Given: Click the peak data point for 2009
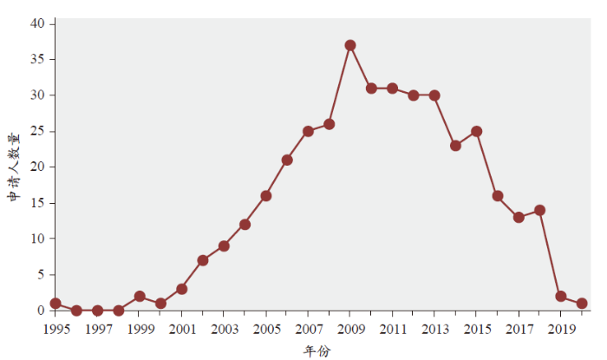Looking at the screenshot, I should coord(350,45).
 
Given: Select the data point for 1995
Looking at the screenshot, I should coord(55,304).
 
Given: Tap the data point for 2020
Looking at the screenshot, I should coord(582,304).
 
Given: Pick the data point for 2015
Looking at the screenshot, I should coord(477,131).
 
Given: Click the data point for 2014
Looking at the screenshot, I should coord(455,146).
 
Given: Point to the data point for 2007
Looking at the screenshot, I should coord(308,131).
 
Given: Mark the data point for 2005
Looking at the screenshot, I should coord(266,196).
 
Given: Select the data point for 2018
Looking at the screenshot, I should coord(539,210).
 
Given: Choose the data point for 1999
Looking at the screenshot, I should coord(140,297).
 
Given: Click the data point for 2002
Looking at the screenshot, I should coord(203,260).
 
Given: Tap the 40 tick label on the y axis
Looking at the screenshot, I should coord(38,23).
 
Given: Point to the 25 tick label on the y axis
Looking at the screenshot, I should coord(38,131).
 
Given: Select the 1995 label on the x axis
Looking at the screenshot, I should coord(55,330).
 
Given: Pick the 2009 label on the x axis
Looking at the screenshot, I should coord(350,330).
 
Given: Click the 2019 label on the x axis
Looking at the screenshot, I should coord(561,330).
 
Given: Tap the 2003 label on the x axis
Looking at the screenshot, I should coord(224,330).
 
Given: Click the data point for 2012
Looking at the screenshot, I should coord(414,95).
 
